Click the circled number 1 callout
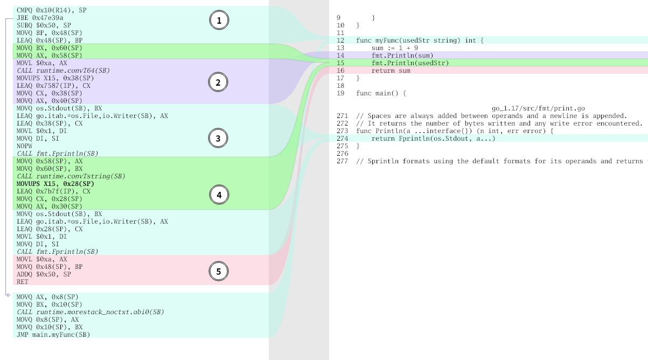[219, 20]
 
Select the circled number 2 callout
[218, 82]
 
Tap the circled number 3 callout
[218, 139]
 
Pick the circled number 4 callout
[219, 195]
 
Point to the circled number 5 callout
[218, 271]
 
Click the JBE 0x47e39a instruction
[40, 18]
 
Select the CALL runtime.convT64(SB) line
[63, 71]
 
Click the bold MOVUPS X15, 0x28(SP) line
[55, 184]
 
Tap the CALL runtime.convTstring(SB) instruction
[71, 176]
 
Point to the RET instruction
[22, 282]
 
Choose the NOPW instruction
[24, 146]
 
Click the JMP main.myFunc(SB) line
[53, 335]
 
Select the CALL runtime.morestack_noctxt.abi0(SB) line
[90, 312]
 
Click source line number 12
[340, 40]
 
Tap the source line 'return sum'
[391, 71]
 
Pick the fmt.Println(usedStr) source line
[410, 63]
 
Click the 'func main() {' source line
[381, 93]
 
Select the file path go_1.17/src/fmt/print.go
[538, 108]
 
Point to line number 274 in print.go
[342, 139]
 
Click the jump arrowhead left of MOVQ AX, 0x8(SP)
[8, 295]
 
